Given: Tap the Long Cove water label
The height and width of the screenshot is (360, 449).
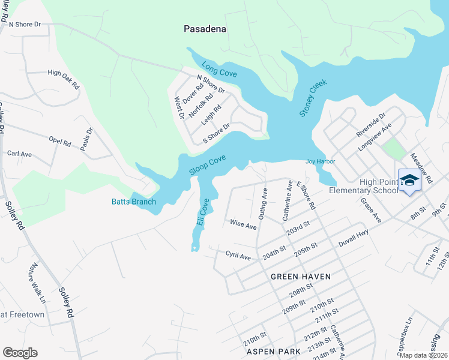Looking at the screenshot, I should (x=219, y=69).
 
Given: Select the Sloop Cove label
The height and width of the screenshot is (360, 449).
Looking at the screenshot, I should (x=208, y=166).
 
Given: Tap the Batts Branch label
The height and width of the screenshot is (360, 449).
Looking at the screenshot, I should (x=133, y=202).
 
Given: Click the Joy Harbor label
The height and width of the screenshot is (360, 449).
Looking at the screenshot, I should (x=320, y=161).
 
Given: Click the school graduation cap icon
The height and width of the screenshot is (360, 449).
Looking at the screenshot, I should (x=409, y=180).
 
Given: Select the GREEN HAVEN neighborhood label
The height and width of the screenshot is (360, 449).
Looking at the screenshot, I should (x=301, y=277).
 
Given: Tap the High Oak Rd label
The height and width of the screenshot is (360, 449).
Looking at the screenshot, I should (x=64, y=79).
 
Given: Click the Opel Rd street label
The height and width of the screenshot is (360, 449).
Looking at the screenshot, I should (x=60, y=143).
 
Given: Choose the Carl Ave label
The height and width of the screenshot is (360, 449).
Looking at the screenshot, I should (x=19, y=154).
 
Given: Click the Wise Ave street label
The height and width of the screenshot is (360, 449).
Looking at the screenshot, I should (x=243, y=224).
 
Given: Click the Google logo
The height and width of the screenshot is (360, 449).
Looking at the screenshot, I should (x=20, y=353).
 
